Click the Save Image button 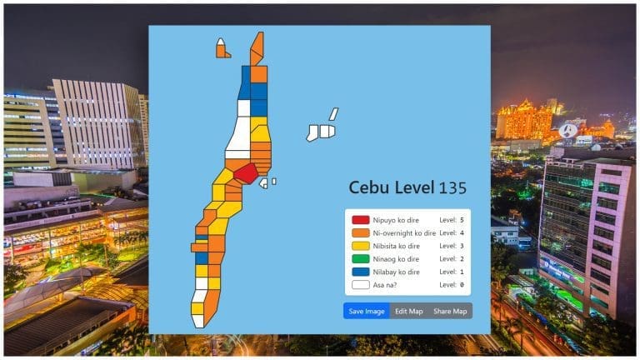(366, 311)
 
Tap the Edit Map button (408, 311)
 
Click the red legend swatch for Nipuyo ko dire (360, 219)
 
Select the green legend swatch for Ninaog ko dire (360, 259)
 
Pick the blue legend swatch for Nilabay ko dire (360, 272)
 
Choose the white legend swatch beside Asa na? (360, 285)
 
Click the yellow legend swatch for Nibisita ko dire (360, 246)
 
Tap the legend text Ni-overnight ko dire (404, 232)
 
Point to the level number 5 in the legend (461, 219)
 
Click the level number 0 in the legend (461, 285)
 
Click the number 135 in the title (452, 188)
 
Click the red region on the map (245, 173)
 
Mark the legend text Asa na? (387, 285)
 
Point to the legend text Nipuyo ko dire (395, 219)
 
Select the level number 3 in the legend (461, 246)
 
